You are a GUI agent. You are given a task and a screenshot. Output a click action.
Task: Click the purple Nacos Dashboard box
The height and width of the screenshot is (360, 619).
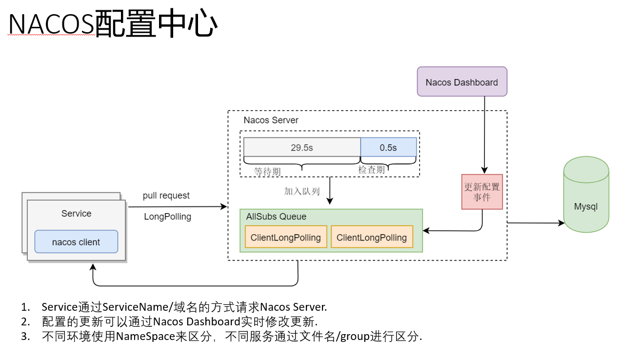click(x=462, y=81)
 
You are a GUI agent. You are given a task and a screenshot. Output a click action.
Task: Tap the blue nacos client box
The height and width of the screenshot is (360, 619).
click(x=76, y=242)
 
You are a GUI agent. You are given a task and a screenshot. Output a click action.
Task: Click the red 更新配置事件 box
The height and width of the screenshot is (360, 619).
click(x=482, y=192)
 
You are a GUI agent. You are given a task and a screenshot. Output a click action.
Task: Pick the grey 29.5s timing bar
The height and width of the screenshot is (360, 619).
click(x=302, y=147)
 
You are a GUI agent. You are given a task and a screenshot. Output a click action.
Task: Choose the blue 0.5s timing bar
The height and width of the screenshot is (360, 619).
click(x=388, y=147)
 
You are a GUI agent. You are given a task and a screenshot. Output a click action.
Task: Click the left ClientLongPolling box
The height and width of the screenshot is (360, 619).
click(x=286, y=238)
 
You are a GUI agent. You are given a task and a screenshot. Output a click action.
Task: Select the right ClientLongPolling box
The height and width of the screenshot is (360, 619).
click(x=372, y=238)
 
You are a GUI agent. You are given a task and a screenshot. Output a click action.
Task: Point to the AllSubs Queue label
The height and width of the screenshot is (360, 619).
click(x=276, y=217)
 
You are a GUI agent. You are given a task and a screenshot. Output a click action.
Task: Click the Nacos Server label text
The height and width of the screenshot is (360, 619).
click(x=271, y=120)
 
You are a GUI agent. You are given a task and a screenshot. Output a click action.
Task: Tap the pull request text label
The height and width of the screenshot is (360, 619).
click(x=166, y=196)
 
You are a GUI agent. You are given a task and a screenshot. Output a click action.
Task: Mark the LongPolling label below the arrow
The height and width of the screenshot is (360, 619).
click(x=167, y=217)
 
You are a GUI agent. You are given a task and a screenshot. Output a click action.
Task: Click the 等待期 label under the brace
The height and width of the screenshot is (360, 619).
click(x=267, y=172)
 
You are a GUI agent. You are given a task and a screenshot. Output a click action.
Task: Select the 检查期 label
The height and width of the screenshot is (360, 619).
click(x=372, y=170)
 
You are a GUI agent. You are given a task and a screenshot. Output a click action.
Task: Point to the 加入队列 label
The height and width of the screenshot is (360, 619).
click(x=302, y=191)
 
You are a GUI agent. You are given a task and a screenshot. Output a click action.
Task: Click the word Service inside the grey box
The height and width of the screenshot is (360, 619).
click(x=76, y=214)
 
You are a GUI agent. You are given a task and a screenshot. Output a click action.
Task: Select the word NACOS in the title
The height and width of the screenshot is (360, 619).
click(x=51, y=24)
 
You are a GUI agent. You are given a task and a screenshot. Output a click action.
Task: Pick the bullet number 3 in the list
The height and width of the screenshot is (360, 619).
click(x=25, y=337)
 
